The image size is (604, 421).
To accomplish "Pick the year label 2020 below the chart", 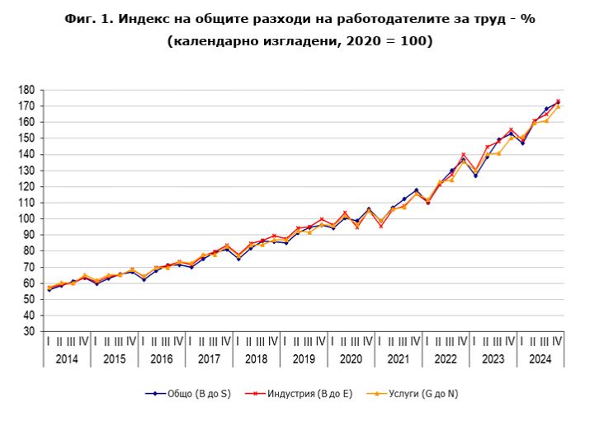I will [x=351, y=358].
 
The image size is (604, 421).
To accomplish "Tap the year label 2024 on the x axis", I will [x=540, y=358].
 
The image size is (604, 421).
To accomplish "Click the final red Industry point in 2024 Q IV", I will [x=558, y=101].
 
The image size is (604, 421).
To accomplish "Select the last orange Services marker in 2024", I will [x=558, y=106].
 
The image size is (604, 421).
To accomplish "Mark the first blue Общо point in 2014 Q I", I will [x=49, y=289].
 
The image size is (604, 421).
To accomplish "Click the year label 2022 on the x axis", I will [x=446, y=358].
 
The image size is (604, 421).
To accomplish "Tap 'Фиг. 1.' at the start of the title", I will [x=88, y=19].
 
